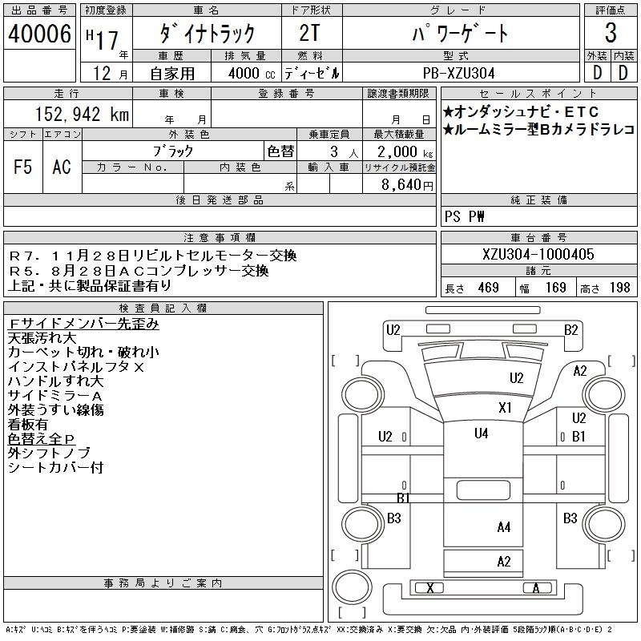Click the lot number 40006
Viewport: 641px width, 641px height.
pos(39,34)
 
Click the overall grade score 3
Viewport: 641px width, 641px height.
pos(611,33)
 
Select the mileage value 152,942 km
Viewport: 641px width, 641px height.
pos(83,114)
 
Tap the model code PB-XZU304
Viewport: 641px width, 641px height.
pos(458,73)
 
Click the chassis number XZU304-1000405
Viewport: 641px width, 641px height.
pos(538,254)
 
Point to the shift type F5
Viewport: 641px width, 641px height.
pos(23,167)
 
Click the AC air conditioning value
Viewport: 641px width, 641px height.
pos(62,167)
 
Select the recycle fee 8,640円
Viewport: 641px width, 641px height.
pos(407,185)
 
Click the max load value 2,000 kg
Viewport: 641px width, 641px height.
pos(405,152)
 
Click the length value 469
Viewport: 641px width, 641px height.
pos(489,288)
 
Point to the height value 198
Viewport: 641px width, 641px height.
pos(619,288)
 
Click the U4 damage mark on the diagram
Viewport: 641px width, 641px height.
pos(482,433)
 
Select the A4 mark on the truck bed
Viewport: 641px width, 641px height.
pos(504,527)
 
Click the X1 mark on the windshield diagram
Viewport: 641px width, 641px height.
pos(505,407)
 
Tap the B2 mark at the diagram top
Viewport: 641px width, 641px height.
pos(571,329)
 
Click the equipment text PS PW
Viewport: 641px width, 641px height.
pos(465,216)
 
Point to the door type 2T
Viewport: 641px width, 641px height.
pos(309,33)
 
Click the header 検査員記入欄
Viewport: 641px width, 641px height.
pos(163,308)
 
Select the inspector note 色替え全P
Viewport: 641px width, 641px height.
pos(42,438)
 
